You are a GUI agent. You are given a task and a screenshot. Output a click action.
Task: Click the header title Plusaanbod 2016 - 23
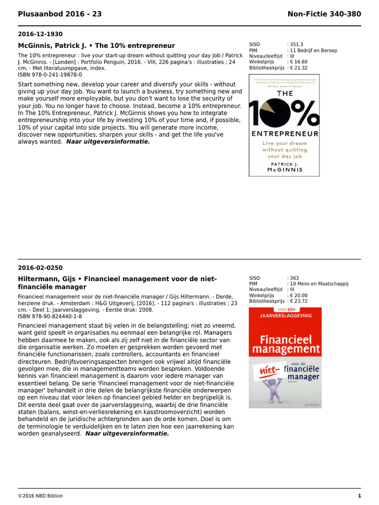60,14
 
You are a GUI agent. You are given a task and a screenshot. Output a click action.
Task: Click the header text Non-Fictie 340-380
324,14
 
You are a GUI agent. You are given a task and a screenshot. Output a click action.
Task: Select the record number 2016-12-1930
40,35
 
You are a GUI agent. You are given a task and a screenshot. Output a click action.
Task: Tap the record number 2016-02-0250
40,268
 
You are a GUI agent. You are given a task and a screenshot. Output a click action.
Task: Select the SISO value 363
295,278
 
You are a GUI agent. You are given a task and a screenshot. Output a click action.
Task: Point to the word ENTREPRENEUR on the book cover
284,134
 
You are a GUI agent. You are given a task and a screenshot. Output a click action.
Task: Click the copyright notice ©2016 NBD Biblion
40,496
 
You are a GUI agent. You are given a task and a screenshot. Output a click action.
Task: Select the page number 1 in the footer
359,496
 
